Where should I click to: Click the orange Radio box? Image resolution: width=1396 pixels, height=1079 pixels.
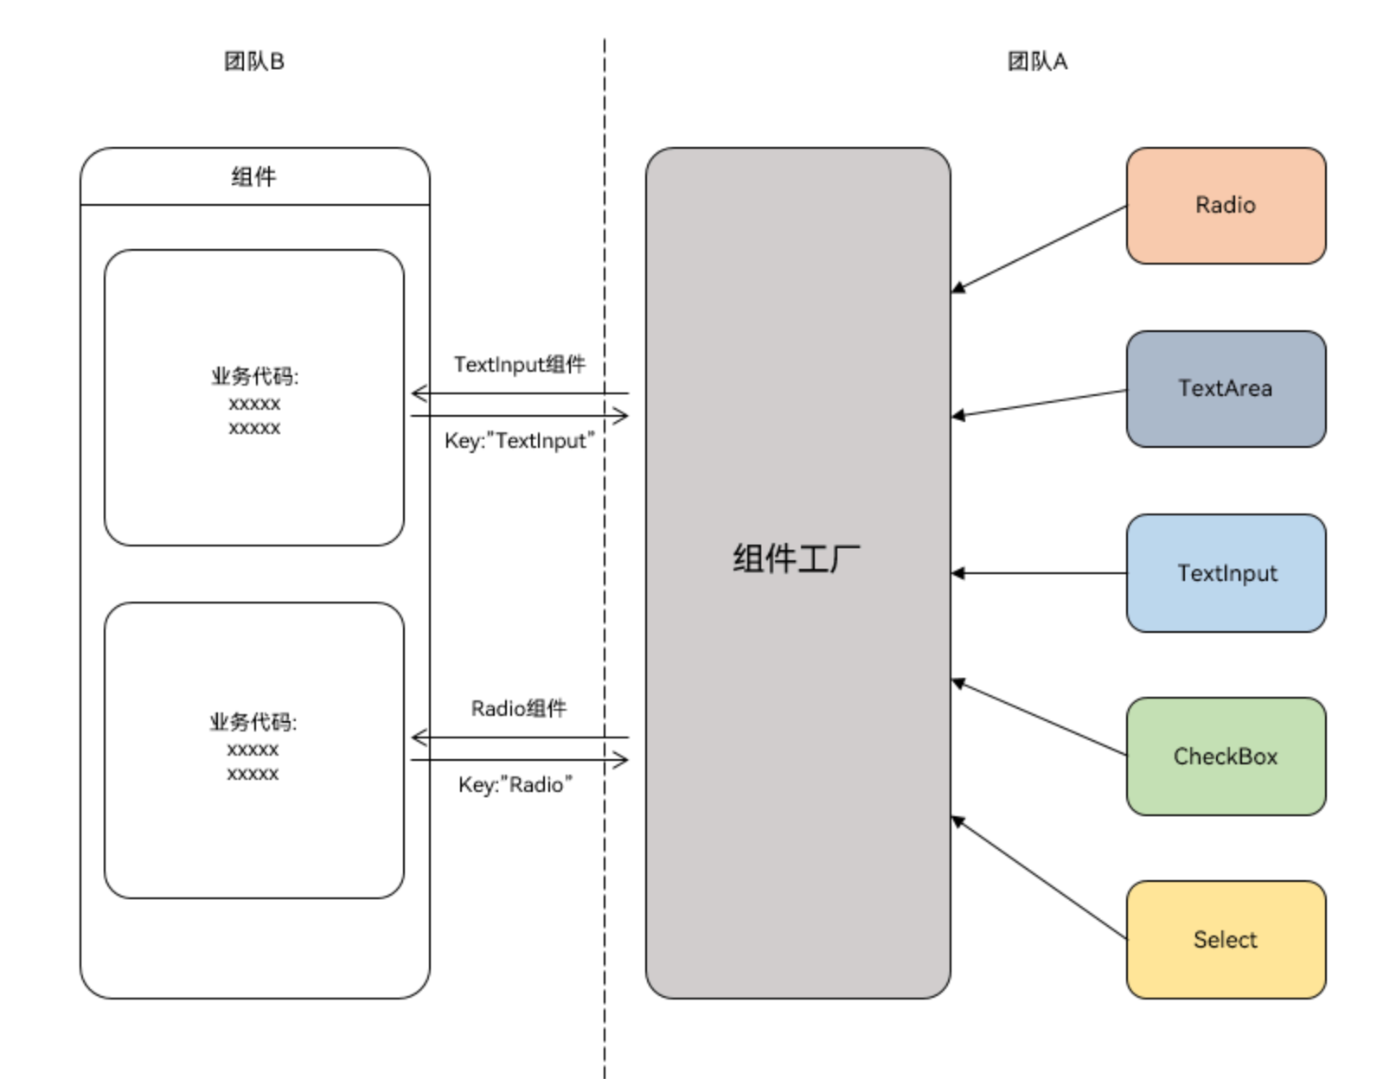[1225, 206]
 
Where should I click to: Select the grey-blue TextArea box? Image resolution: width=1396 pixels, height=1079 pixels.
[1225, 389]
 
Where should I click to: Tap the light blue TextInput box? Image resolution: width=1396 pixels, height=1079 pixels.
[1225, 573]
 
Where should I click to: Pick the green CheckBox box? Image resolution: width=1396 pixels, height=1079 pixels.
[1225, 757]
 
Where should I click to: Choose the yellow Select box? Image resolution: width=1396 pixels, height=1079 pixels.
[1225, 940]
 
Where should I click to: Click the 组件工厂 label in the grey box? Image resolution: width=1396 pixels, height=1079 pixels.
[797, 559]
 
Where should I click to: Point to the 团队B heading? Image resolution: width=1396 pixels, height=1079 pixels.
[253, 61]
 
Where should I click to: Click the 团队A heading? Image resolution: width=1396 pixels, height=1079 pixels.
[1037, 61]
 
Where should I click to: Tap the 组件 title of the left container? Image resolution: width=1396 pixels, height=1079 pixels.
[253, 177]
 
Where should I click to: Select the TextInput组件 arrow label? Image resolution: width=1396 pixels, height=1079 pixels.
[520, 365]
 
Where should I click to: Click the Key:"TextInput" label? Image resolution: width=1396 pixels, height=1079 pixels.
[520, 441]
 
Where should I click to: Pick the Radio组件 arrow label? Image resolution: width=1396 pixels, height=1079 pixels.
[519, 709]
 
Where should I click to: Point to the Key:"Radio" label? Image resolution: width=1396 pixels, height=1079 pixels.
[515, 785]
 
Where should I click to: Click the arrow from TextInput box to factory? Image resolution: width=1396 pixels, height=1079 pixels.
[1038, 573]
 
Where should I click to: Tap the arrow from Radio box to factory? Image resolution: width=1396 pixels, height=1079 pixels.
[1038, 248]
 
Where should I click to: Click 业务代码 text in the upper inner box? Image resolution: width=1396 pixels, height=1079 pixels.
[254, 377]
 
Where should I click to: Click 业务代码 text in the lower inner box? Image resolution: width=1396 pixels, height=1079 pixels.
[253, 723]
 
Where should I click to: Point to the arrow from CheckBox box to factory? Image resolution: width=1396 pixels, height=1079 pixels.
[1038, 718]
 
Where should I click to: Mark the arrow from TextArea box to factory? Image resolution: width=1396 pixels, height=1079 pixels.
[1038, 404]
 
